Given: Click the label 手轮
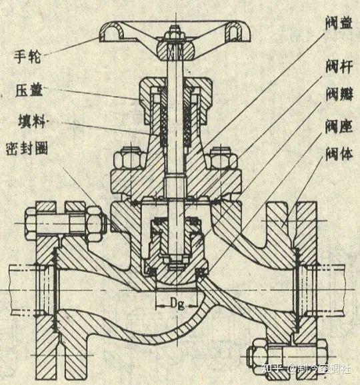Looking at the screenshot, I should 29,55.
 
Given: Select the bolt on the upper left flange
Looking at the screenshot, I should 63,222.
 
